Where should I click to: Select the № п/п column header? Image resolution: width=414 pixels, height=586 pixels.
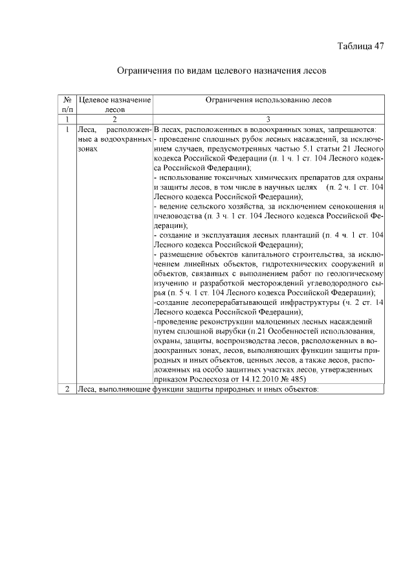click(67, 105)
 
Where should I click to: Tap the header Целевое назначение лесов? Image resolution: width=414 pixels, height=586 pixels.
click(114, 105)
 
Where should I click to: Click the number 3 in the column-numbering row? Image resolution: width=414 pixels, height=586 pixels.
click(268, 120)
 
